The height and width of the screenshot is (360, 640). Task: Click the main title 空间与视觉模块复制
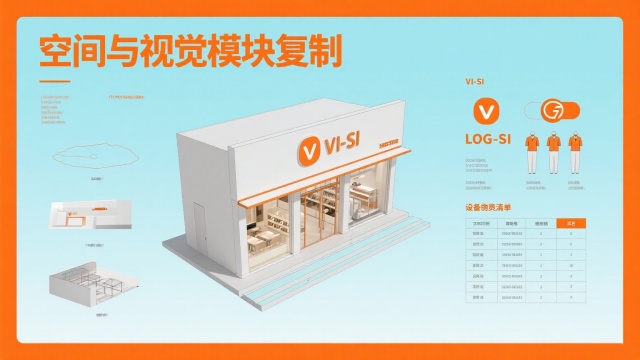click(x=189, y=49)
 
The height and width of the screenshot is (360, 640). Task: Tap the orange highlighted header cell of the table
click(x=570, y=222)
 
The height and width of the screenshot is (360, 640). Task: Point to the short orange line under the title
click(x=53, y=81)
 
